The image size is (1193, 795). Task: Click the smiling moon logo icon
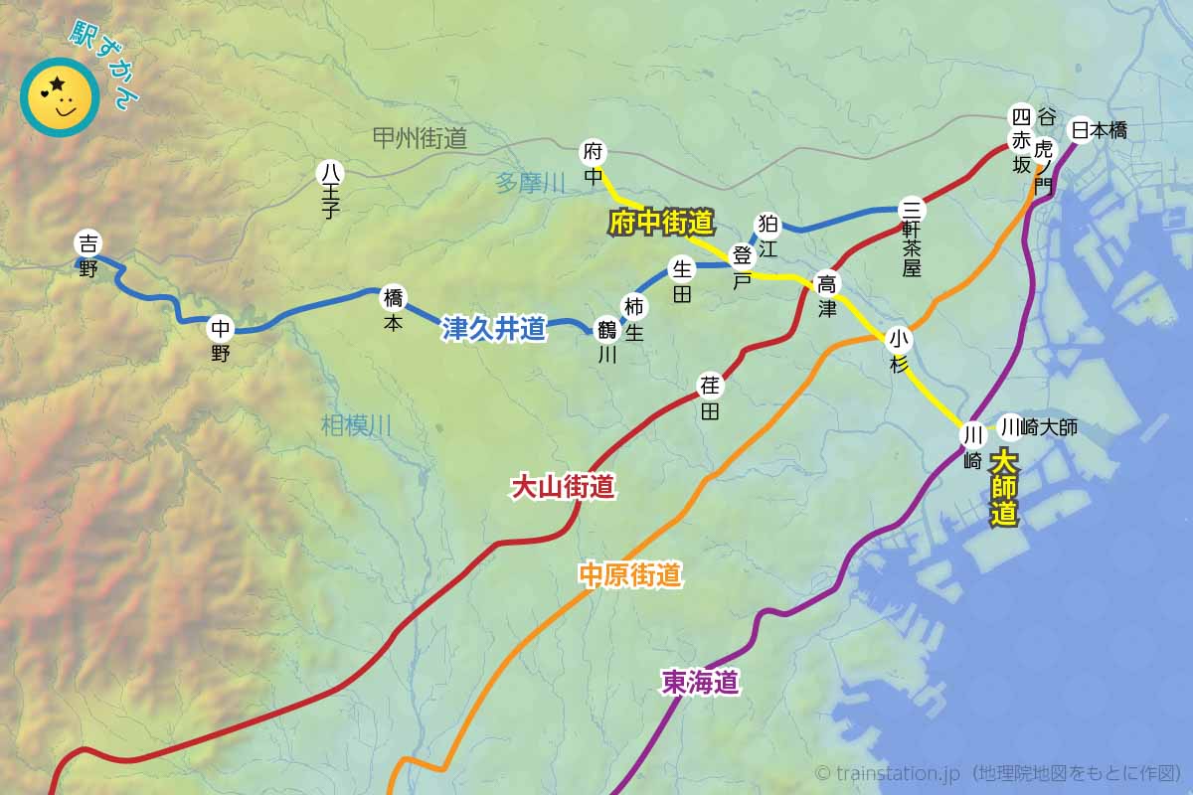coord(60,97)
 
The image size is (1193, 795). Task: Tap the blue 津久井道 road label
coord(494,329)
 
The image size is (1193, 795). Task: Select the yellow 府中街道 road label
coord(661,222)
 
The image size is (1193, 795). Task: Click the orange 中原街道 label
coord(630,574)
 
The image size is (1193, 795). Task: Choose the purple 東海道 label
coord(701,682)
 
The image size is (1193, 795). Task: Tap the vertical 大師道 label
coord(1005,488)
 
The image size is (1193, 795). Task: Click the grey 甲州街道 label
coord(420,138)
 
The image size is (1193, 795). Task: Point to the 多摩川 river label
coord(530,183)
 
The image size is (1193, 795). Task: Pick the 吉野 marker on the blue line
coord(88,242)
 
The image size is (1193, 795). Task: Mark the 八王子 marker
coord(330,172)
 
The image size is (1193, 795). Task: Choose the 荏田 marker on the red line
coord(710,387)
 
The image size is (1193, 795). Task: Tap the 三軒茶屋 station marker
coord(911,210)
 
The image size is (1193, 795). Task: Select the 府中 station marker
coord(594,153)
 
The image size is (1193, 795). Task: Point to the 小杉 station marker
coord(899,339)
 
